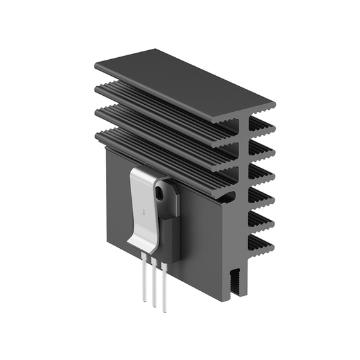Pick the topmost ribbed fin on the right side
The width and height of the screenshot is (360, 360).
(x=260, y=123)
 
